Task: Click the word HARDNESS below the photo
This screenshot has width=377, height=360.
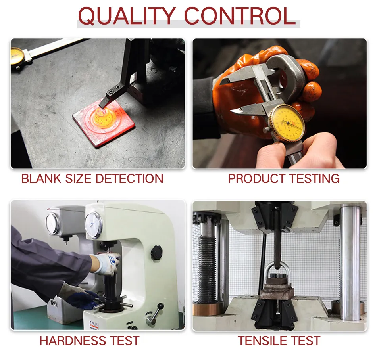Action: tap(71, 341)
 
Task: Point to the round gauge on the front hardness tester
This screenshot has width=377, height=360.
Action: tap(94, 225)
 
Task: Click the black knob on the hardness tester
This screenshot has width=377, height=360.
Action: tap(157, 251)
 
